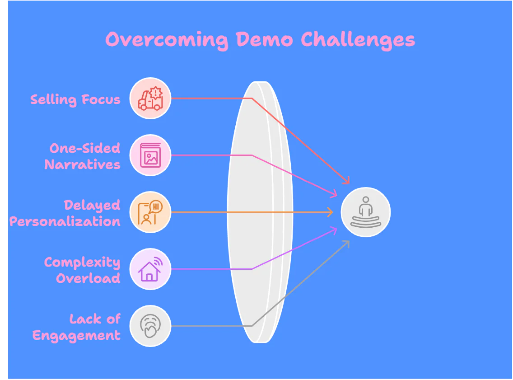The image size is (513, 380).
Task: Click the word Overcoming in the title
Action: [167, 40]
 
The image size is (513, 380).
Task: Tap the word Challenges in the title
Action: [358, 40]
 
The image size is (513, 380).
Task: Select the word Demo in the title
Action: [264, 39]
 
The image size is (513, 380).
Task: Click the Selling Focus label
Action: [75, 99]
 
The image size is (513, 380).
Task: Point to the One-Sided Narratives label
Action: [83, 156]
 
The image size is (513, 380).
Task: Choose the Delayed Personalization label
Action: [65, 213]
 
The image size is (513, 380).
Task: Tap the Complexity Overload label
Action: [83, 270]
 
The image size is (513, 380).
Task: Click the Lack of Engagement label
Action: [77, 327]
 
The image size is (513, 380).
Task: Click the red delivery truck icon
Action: [150, 98]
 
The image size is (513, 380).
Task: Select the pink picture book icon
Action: [150, 155]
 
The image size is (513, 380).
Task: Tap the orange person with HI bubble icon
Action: [150, 212]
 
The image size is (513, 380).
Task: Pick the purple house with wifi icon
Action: [150, 269]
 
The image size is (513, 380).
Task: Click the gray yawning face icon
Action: [150, 326]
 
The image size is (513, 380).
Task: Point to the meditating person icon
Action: [366, 212]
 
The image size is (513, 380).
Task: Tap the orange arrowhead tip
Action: [333, 212]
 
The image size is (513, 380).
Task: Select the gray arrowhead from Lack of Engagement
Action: [349, 242]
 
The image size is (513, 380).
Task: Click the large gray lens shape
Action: [260, 212]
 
